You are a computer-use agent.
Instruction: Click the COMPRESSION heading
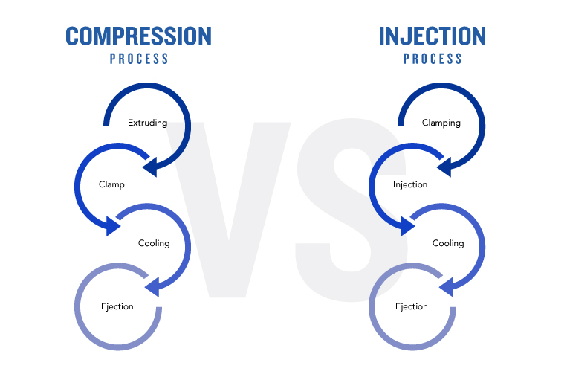coord(138,36)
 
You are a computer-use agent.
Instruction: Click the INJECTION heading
coord(433,36)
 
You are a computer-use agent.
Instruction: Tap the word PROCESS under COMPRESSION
coord(139,59)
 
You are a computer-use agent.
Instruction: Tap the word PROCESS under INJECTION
coord(433,59)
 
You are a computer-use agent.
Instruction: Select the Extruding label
coord(148,123)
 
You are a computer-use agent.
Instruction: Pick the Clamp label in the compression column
coord(111,184)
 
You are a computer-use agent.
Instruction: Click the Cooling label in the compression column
coord(154,243)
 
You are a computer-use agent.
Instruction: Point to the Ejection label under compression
coord(117,306)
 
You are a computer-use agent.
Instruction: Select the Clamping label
coord(441,123)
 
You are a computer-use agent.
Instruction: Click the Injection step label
coord(410,184)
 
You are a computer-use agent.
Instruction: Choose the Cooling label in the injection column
coord(448,243)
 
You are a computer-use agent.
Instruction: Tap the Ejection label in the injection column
coord(412,306)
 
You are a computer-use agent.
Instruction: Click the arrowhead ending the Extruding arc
coord(151,167)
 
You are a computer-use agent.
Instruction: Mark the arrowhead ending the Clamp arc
coord(113,226)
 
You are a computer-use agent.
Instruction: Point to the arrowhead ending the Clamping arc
coord(444,167)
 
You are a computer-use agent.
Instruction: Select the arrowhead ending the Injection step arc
coord(407,226)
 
